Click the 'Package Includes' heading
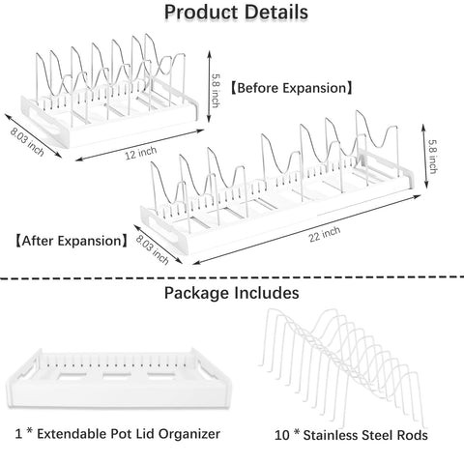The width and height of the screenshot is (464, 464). (232, 291)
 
